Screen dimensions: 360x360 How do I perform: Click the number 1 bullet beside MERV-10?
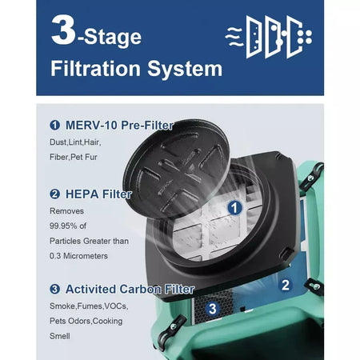54,126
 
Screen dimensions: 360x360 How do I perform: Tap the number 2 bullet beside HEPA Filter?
54,194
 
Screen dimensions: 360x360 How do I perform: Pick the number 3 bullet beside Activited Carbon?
54,289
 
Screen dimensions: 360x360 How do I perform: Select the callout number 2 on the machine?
285,283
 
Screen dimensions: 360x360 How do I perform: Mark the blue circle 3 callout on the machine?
211,307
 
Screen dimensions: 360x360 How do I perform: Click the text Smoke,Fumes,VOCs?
87,306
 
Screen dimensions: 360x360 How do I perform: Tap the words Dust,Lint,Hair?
77,142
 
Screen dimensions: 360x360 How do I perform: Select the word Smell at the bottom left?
59,337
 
